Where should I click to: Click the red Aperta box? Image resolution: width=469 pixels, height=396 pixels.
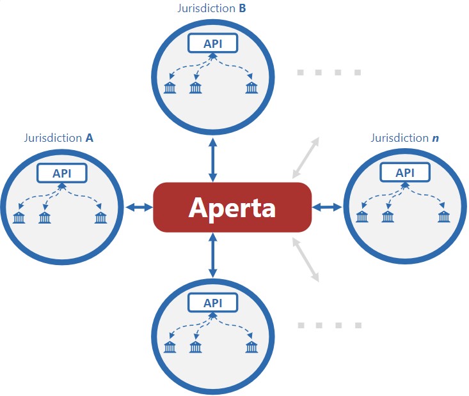[x=232, y=207]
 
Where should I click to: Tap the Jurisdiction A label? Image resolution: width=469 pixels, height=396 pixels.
[x=59, y=137]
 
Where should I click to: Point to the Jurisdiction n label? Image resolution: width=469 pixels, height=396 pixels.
[x=404, y=137]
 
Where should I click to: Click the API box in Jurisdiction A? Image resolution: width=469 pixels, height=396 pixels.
[x=61, y=173]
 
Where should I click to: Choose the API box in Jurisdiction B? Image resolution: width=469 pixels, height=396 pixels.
[x=212, y=43]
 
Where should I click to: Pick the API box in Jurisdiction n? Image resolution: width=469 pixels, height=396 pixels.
[x=405, y=172]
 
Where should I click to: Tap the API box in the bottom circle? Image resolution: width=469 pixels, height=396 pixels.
[x=212, y=303]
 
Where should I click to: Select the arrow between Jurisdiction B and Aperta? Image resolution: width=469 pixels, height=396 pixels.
[x=212, y=160]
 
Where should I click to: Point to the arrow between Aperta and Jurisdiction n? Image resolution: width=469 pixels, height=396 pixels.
[x=326, y=206]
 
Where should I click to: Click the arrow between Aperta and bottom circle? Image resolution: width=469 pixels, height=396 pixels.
[x=212, y=255]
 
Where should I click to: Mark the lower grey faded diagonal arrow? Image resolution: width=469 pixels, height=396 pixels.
[x=305, y=259]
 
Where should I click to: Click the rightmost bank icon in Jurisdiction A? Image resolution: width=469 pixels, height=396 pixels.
[x=100, y=218]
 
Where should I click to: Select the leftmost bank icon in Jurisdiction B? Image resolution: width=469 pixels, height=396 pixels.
[x=170, y=88]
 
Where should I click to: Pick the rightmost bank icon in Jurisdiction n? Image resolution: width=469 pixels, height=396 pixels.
[x=444, y=217]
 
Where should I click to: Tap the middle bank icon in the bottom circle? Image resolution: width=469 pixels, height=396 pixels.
[x=195, y=347]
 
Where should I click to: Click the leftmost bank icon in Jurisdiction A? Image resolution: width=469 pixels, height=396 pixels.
[x=19, y=218]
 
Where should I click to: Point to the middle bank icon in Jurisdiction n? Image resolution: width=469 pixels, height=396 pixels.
[x=388, y=217]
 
